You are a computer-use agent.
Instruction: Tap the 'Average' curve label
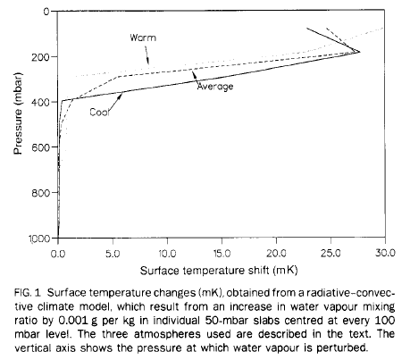point(214,87)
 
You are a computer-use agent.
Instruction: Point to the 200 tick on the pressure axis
point(43,56)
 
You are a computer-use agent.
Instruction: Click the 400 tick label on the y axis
point(43,102)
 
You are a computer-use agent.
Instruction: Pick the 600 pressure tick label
point(43,147)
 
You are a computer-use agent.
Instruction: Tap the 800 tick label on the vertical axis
point(43,193)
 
